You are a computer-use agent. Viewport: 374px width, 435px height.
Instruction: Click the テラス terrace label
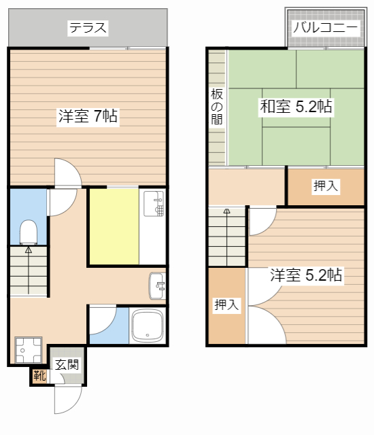tap(88, 28)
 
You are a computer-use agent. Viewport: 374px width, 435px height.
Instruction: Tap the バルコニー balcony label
tap(326, 27)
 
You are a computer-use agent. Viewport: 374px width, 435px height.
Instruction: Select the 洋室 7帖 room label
tap(88, 116)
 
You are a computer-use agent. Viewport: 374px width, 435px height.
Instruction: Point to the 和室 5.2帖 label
tap(296, 106)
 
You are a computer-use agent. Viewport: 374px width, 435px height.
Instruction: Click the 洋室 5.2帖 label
tap(306, 275)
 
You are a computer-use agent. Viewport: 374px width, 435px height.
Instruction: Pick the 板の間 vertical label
tap(217, 107)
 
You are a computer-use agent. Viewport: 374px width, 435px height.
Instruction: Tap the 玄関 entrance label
tap(67, 364)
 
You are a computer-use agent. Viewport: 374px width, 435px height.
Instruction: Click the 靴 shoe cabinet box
tap(39, 376)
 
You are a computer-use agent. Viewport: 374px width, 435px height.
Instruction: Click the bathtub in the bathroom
tap(148, 325)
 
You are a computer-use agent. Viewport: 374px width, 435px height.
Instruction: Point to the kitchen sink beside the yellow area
tap(154, 204)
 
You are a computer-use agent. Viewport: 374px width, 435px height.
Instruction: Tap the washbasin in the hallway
tap(157, 286)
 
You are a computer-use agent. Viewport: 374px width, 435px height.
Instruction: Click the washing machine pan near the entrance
tap(28, 350)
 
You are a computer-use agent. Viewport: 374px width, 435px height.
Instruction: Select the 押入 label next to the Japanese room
tap(326, 186)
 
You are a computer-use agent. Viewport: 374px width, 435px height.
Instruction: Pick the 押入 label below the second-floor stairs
tap(226, 305)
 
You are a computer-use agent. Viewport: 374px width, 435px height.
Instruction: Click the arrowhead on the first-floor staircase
tap(29, 250)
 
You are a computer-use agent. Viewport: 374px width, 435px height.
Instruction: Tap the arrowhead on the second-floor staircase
tap(227, 211)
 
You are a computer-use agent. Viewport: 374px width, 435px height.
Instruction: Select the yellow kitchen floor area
tap(114, 226)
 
